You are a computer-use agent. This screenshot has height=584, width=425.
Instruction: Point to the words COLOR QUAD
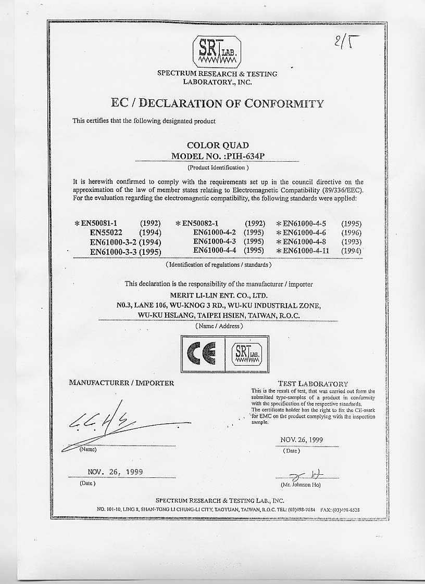click(x=218, y=145)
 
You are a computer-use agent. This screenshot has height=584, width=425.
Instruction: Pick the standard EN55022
click(x=109, y=232)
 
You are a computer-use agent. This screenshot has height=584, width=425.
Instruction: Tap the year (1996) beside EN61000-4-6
click(x=351, y=233)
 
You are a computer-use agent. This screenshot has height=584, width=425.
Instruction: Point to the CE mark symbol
click(x=202, y=354)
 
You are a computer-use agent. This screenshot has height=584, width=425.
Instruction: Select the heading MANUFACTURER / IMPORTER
click(x=121, y=383)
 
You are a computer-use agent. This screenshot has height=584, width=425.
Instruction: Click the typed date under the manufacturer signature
click(x=115, y=472)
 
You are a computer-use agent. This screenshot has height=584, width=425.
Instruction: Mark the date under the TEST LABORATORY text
click(x=302, y=439)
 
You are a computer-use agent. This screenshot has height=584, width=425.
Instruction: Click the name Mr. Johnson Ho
click(x=301, y=485)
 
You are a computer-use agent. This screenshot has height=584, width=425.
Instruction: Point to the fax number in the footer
click(x=347, y=510)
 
